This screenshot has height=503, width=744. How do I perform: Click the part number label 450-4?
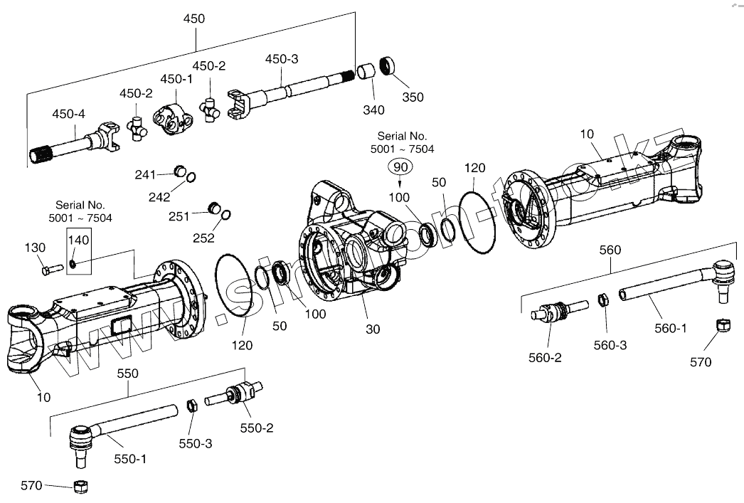[x=68, y=113]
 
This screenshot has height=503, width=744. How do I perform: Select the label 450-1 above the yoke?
[x=176, y=79]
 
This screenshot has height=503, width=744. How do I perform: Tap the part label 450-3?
[x=282, y=59]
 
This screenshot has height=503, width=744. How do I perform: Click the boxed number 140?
[x=78, y=240]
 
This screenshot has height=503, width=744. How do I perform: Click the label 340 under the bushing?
[x=373, y=110]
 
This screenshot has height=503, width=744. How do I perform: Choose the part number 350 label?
[x=412, y=97]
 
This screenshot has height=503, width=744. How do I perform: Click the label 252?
[x=203, y=238]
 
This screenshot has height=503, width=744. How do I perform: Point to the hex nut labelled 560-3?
[x=602, y=300]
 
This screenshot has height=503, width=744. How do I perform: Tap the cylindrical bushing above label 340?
[x=366, y=73]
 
